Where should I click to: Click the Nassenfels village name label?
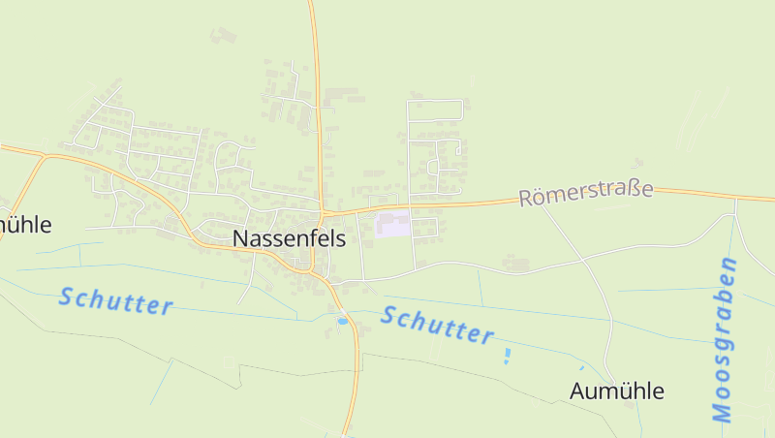(x=289, y=239)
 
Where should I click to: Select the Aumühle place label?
(x=617, y=391)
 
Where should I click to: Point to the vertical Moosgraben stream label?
(x=724, y=339)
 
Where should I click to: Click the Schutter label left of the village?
(x=115, y=300)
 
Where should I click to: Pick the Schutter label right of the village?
(x=438, y=325)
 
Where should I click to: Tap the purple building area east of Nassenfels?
(x=392, y=225)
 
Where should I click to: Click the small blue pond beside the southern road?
(x=341, y=320)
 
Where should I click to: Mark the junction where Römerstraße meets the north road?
(x=322, y=212)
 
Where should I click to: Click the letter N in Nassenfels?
(x=240, y=239)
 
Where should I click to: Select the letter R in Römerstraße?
(x=527, y=199)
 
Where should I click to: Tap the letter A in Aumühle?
(x=578, y=391)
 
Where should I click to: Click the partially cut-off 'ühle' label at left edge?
(x=25, y=225)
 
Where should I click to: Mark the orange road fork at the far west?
(x=44, y=155)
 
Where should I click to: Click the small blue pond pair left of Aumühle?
(x=507, y=356)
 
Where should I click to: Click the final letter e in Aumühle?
(x=658, y=392)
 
